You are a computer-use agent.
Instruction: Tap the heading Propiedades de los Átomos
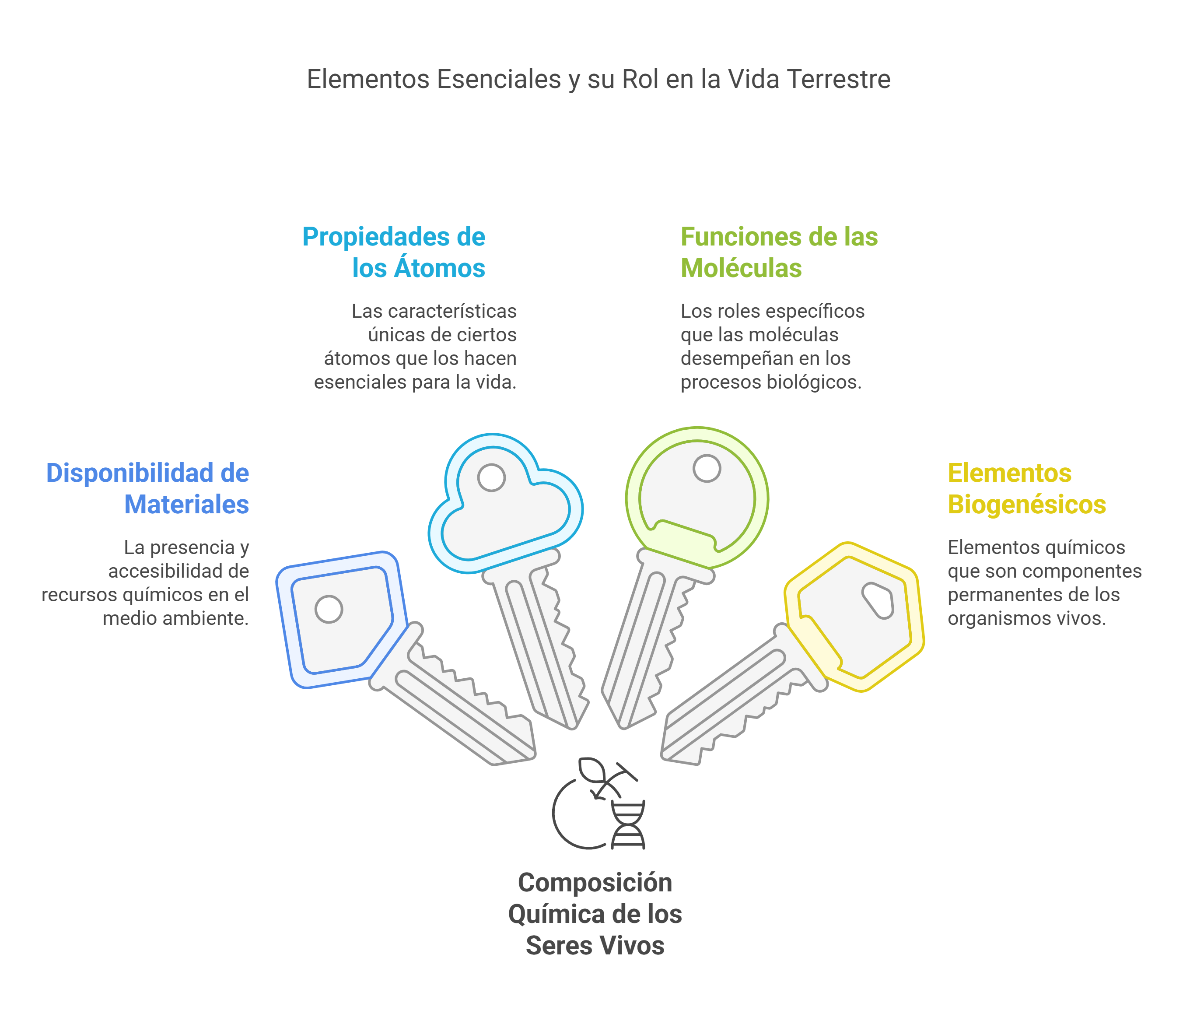(x=394, y=252)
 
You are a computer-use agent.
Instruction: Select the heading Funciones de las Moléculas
(x=778, y=252)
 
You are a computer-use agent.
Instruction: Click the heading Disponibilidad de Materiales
(x=148, y=488)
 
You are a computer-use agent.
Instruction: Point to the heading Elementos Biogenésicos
(x=1026, y=488)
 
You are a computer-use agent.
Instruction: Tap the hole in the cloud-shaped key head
(x=492, y=478)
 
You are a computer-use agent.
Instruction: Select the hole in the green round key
(x=707, y=468)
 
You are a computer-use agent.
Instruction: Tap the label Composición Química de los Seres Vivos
(x=595, y=914)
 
